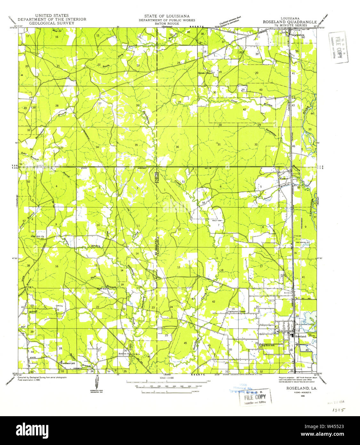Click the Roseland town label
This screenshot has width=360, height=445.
[x=301, y=336]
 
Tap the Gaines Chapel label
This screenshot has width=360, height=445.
[x=205, y=73]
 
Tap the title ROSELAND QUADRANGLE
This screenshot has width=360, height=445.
[x=290, y=22]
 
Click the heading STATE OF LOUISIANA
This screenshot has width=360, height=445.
[x=166, y=16]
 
